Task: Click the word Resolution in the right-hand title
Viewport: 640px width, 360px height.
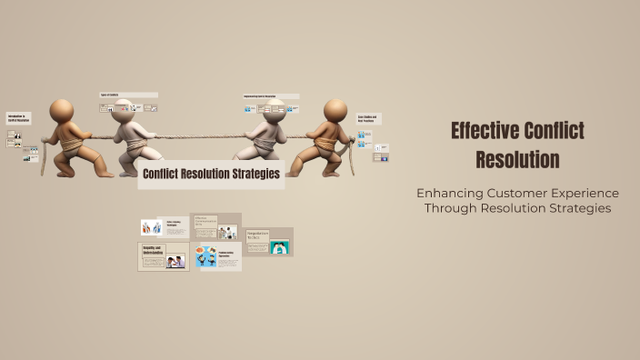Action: coord(517,160)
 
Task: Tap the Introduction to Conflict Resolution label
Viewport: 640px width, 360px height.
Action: coord(19,119)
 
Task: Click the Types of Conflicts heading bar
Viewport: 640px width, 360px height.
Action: coord(128,95)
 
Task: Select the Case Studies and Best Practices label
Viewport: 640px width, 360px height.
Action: coord(367,119)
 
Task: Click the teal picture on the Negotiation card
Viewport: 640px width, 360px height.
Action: coord(279,246)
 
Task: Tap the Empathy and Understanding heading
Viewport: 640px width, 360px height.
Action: coord(153,249)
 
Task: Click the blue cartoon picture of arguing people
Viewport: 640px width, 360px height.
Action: coord(207,257)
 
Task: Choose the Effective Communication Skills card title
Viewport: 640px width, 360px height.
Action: coord(205,221)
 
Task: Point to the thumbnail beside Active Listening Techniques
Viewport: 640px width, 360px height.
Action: coord(151,226)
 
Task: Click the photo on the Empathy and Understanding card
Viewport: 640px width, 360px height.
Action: coord(176,262)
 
